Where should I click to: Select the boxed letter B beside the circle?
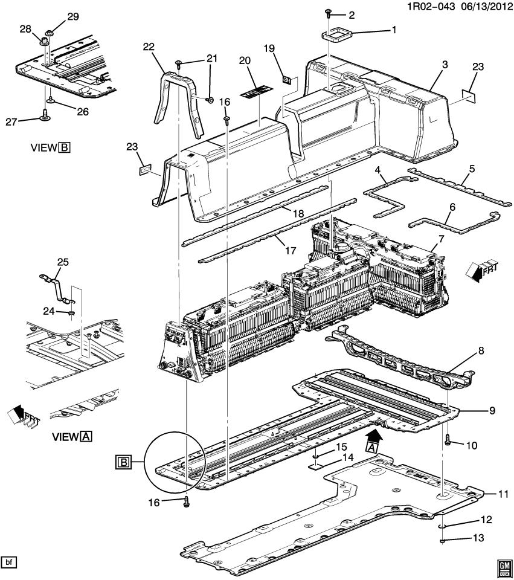click(123, 463)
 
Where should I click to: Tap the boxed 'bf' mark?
click(8, 562)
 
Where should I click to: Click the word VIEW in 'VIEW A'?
click(65, 436)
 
